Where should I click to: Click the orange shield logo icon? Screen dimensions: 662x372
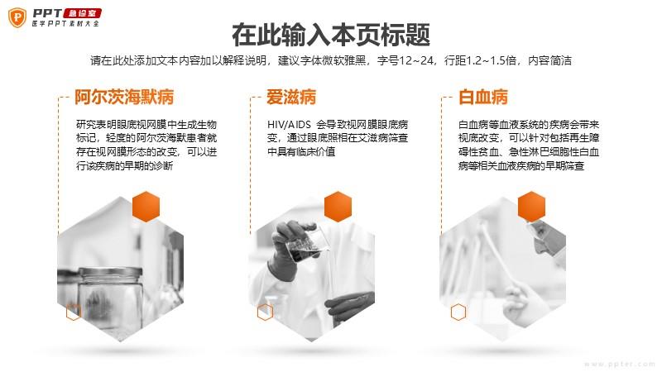[17, 17]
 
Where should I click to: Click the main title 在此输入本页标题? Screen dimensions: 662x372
[331, 35]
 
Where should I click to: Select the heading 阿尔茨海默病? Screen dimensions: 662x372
[124, 97]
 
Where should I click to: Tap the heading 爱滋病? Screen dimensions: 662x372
[291, 97]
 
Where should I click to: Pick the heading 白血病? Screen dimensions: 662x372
[483, 97]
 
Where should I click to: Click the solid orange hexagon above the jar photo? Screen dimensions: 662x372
[146, 206]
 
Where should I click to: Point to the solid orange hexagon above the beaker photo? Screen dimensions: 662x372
[338, 206]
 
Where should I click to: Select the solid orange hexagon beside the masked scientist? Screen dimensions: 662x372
[531, 206]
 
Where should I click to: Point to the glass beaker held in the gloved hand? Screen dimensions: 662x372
[307, 244]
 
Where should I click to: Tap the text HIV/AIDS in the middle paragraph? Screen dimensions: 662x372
[289, 125]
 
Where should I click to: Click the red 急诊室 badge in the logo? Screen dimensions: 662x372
[82, 13]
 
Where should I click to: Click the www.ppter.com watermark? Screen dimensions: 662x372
[619, 364]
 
